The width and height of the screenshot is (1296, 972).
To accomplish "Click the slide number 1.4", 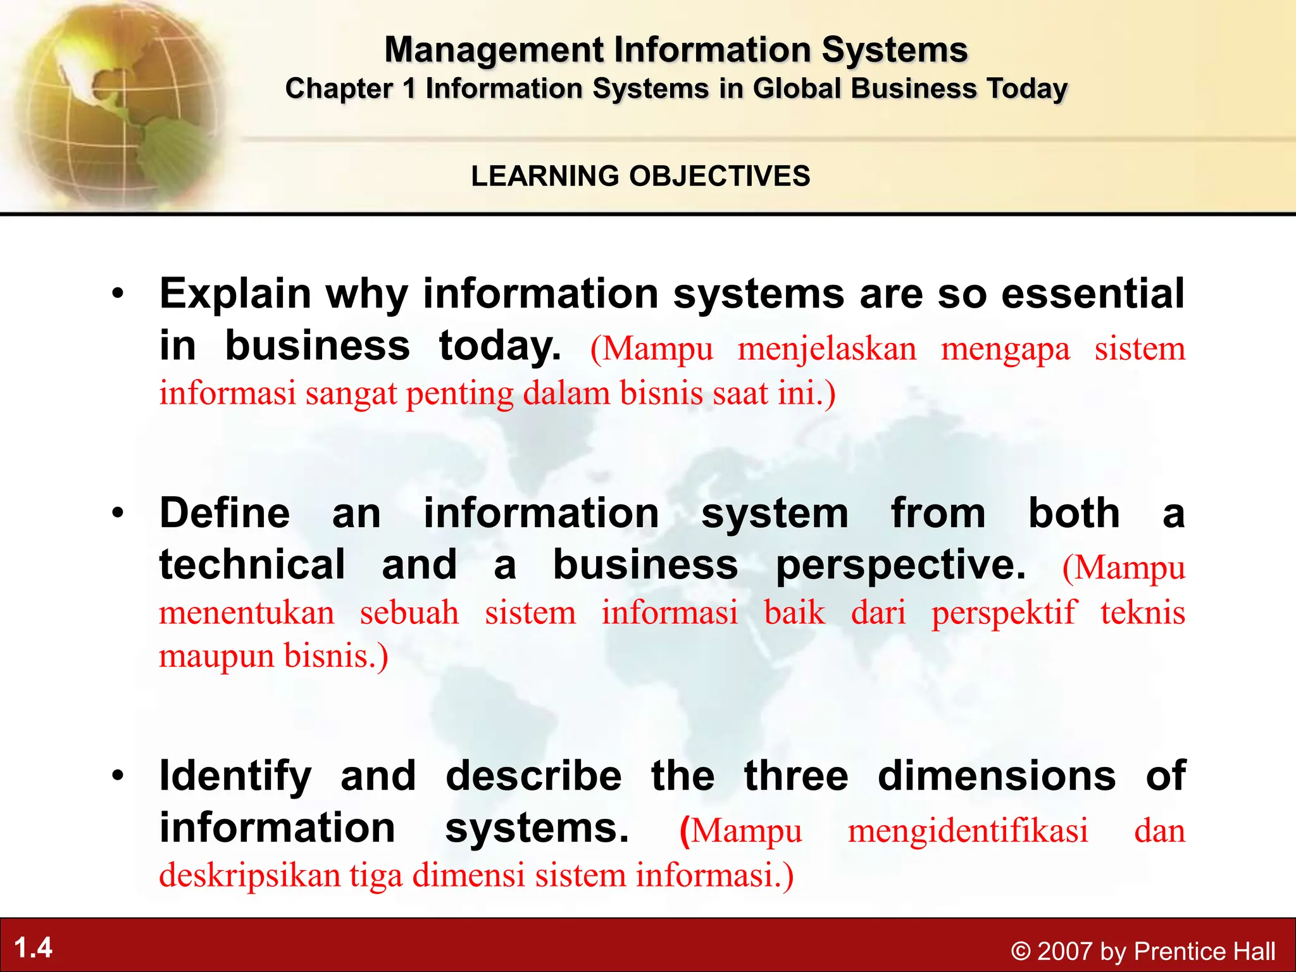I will (x=33, y=948).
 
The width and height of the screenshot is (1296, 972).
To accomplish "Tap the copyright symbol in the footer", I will (x=1021, y=951).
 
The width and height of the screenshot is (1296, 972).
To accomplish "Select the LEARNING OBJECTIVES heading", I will (x=640, y=176).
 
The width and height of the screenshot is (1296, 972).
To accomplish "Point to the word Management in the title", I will (x=494, y=49).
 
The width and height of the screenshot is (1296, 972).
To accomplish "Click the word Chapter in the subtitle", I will (x=339, y=89).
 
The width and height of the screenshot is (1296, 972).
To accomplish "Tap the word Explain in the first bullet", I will (x=235, y=294).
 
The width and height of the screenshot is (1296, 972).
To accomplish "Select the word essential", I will (x=1093, y=294).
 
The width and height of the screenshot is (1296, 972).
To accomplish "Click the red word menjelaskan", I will (x=826, y=349).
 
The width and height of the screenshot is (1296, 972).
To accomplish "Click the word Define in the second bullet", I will (x=225, y=513).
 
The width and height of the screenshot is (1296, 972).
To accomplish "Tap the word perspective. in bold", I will (x=900, y=565).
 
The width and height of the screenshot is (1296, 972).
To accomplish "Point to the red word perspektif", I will (x=1003, y=613).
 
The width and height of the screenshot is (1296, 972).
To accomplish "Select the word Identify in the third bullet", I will (x=235, y=776).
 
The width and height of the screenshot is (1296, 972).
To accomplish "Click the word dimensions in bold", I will (x=997, y=776).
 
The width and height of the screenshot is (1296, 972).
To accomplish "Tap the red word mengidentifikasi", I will (x=968, y=830).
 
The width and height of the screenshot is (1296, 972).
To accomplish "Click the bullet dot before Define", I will (x=118, y=513).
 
